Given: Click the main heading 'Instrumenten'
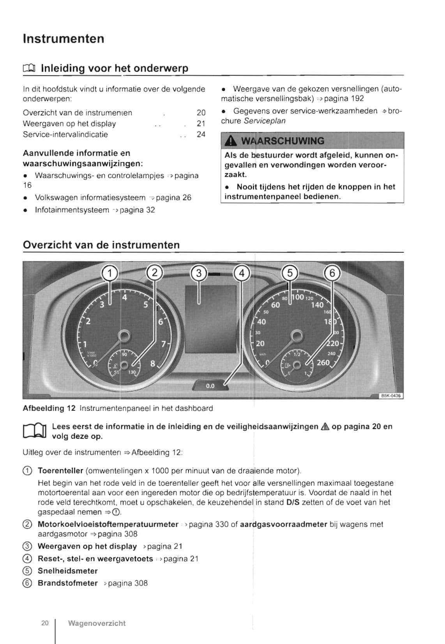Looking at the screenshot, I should [64, 39].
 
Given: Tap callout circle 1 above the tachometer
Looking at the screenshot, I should [109, 273].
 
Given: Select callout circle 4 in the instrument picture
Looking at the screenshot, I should [242, 273].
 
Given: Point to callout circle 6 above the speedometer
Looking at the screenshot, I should [332, 273].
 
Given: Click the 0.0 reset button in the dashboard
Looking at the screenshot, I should [210, 386].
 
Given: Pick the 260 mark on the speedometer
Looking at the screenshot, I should [323, 362].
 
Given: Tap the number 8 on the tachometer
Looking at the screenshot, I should [153, 364].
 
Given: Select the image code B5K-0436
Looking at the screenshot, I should [391, 396].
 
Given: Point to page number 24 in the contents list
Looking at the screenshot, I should [201, 134].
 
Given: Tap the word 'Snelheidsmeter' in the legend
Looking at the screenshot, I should [68, 571].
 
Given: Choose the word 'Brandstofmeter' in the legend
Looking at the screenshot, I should [68, 583].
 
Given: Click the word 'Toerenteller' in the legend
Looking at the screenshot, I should [60, 471].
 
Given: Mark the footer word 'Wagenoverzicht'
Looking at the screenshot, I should [97, 623].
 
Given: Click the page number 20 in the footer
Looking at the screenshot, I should [45, 623].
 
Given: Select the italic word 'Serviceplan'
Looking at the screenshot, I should [265, 121].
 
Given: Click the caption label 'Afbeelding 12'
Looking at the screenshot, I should [49, 408].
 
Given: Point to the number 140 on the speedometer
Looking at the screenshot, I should [317, 305].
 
